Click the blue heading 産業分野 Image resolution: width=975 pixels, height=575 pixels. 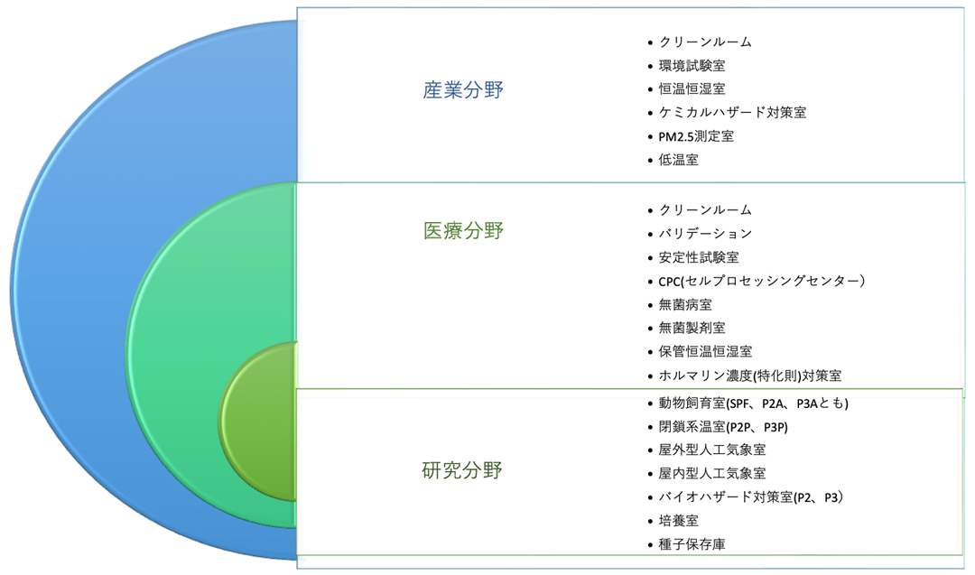463,90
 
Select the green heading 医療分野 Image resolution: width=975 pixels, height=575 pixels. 463,230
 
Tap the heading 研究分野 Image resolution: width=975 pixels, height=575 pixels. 462,470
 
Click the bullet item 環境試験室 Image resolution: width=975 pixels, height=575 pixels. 692,65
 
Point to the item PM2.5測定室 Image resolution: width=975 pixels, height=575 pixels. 696,136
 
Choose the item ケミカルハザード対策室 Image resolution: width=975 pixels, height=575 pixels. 732,113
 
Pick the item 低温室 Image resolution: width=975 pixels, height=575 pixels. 678,160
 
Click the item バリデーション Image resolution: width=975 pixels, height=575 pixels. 705,234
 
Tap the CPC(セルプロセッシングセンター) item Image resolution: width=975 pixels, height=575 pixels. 762,281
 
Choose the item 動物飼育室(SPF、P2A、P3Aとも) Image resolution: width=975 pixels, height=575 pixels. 754,403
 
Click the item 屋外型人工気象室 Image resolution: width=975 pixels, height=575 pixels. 712,450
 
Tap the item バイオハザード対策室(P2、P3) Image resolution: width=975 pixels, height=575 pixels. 751,497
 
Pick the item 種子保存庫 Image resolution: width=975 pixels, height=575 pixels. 692,544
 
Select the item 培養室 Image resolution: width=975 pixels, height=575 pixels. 678,521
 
